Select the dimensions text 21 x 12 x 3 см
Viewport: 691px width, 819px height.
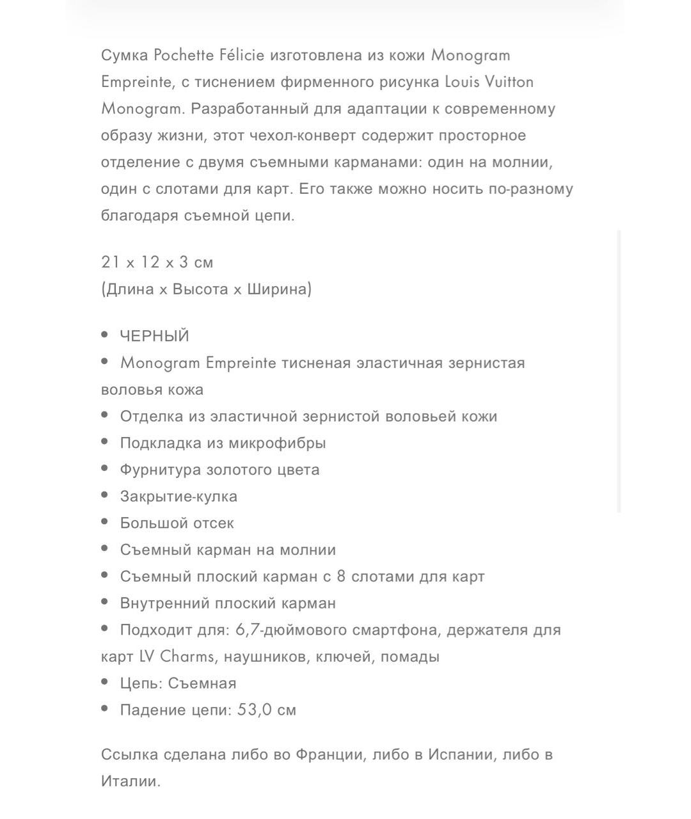click(157, 262)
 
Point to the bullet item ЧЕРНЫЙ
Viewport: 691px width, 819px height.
click(154, 337)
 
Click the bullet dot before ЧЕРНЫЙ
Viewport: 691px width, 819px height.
click(106, 335)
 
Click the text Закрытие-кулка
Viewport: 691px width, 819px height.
click(179, 497)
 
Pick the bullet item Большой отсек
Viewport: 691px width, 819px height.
click(177, 523)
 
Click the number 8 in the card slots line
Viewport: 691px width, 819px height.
click(341, 576)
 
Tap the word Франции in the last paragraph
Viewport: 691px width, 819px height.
click(330, 755)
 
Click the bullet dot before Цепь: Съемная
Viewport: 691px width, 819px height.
click(106, 682)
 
